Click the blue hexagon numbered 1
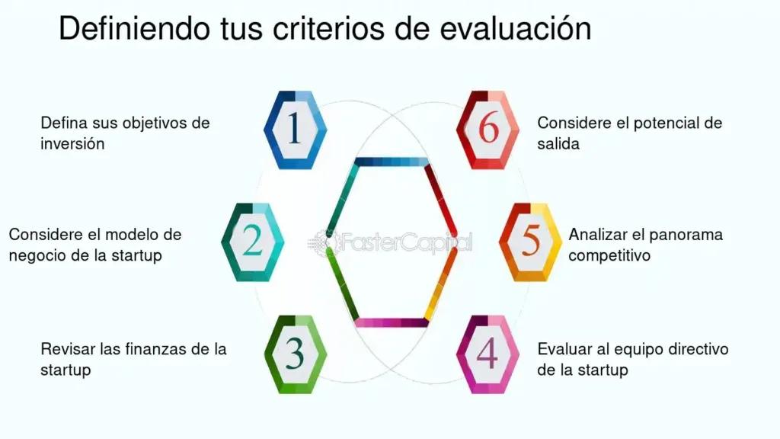(295, 130)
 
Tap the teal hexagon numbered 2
(253, 242)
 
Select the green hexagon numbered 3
(296, 354)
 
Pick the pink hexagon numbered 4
(487, 354)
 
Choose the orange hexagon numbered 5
(530, 242)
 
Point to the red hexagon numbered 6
(487, 130)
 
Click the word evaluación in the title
(516, 28)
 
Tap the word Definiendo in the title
(134, 28)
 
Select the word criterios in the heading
(328, 28)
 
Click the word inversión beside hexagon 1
(72, 144)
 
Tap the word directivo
(698, 349)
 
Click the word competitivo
(609, 255)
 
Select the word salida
(558, 144)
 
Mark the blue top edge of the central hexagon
(392, 162)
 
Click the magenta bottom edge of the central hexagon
(392, 322)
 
